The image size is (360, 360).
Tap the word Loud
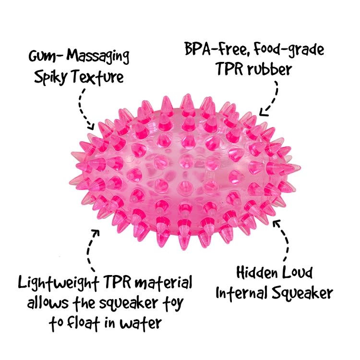pos(296,274)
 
